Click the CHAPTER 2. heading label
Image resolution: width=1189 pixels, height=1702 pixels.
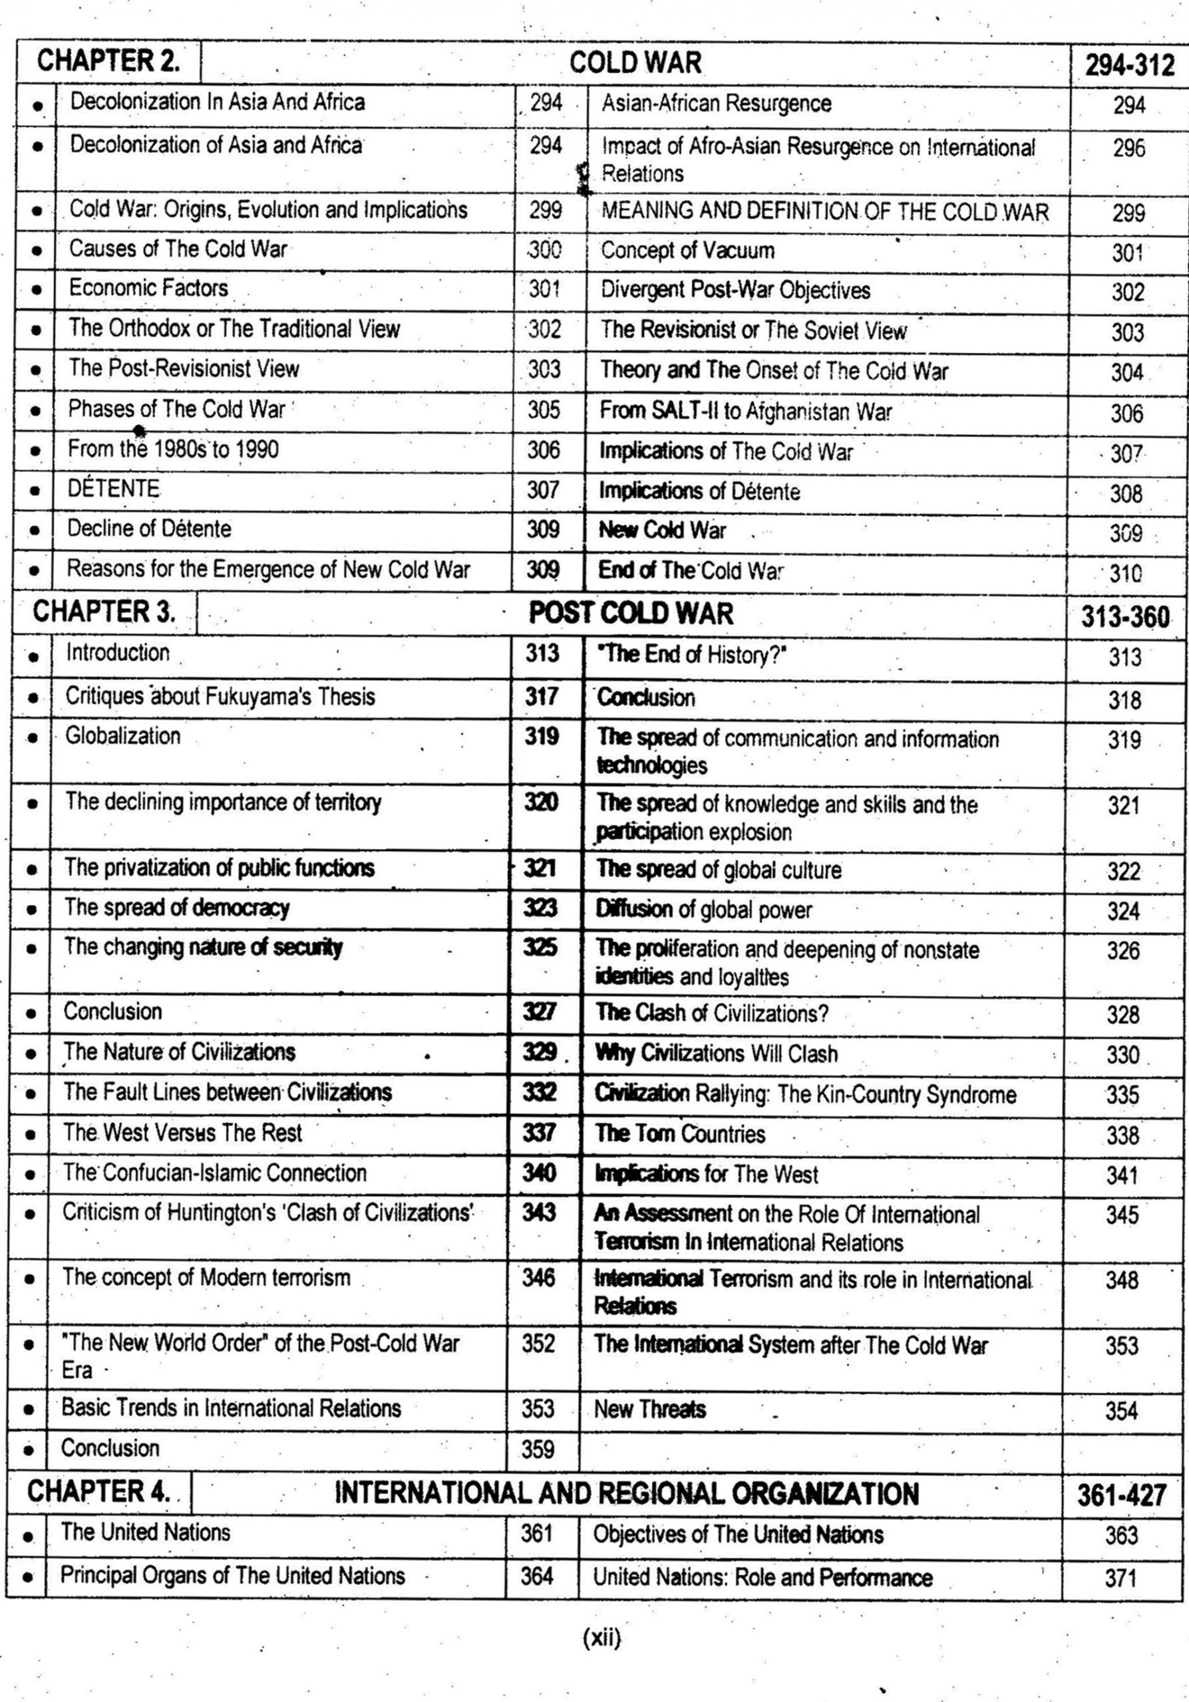[x=108, y=60]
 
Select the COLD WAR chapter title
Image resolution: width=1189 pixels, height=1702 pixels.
[x=635, y=62]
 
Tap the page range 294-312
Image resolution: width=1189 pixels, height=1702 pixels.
[x=1130, y=66]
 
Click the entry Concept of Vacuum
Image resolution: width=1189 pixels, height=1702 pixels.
[x=687, y=251]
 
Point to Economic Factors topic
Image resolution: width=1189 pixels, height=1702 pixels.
[x=148, y=288]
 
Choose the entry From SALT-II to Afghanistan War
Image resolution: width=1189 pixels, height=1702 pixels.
[x=745, y=412]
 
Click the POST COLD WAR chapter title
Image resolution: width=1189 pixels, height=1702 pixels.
[x=631, y=613]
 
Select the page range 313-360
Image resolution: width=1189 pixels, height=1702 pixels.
[x=1124, y=616]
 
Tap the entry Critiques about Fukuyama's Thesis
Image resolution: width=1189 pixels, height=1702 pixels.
[x=220, y=696]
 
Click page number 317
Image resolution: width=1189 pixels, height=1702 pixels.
[x=542, y=696]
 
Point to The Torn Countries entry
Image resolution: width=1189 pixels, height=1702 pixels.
[x=680, y=1134]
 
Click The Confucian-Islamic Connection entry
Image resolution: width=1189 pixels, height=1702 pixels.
[x=214, y=1173]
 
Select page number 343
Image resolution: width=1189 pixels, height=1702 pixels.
[x=538, y=1212]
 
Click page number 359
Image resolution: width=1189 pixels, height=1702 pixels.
[x=538, y=1449]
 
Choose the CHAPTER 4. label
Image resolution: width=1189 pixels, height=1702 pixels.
[x=98, y=1491]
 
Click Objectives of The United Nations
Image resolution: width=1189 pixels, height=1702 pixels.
[x=738, y=1534]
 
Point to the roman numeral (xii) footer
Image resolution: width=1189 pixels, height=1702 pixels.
[x=601, y=1638]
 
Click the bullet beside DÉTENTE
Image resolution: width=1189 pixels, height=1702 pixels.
[x=34, y=491]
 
